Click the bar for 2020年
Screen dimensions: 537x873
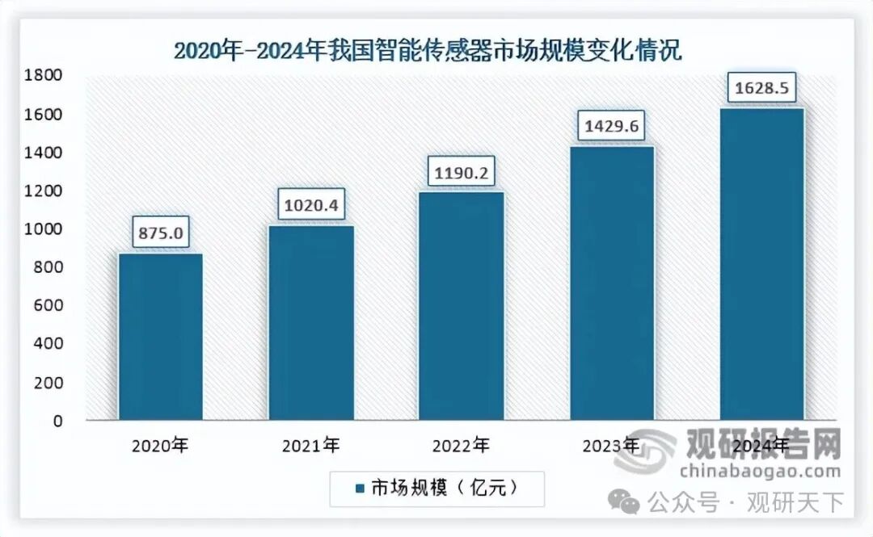pos(160,337)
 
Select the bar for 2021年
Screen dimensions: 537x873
pos(311,323)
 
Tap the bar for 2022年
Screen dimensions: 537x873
pos(462,306)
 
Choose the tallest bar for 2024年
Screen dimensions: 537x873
pos(762,264)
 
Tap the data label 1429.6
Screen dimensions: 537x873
pos(612,127)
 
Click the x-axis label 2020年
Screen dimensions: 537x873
pos(160,445)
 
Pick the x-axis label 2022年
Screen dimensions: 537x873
pos(462,445)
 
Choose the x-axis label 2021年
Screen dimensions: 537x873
pos(311,445)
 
